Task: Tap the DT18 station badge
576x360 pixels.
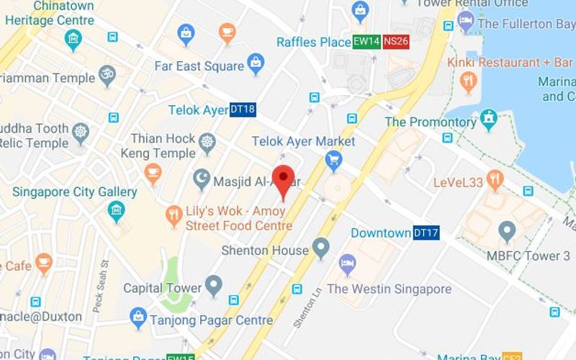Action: click(x=243, y=110)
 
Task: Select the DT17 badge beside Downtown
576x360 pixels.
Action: click(x=426, y=233)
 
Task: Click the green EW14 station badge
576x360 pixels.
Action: click(x=366, y=42)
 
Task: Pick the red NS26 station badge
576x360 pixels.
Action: click(x=396, y=42)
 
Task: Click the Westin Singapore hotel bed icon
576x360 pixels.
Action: click(x=348, y=264)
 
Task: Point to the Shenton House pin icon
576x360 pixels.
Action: click(x=321, y=249)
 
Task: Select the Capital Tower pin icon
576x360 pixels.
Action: click(x=213, y=286)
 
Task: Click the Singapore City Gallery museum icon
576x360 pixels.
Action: click(x=116, y=211)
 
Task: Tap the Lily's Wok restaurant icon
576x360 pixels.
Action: click(x=174, y=214)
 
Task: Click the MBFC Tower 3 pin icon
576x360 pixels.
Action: click(x=508, y=232)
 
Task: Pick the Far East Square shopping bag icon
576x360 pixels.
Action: click(x=256, y=65)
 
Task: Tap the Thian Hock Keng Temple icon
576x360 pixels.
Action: click(x=207, y=140)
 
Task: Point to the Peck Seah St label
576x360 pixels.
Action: click(x=100, y=287)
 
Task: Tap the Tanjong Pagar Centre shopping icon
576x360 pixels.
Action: click(x=138, y=315)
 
